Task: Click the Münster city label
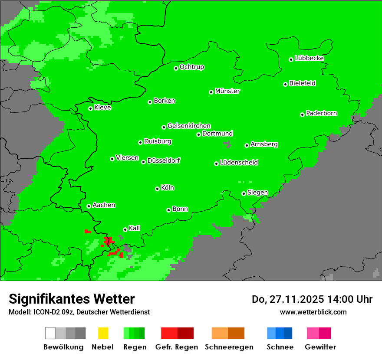pyautogui.click(x=227, y=91)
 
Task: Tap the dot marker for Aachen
pyautogui.click(x=89, y=206)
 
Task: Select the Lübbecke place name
pyautogui.click(x=309, y=58)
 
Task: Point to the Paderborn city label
pyautogui.click(x=321, y=113)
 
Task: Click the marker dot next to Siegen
pyautogui.click(x=244, y=193)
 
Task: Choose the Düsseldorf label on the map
pyautogui.click(x=164, y=160)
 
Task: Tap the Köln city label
pyautogui.click(x=168, y=188)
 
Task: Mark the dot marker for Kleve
pyautogui.click(x=90, y=108)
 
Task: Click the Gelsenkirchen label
pyautogui.click(x=189, y=126)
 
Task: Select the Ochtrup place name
pyautogui.click(x=191, y=67)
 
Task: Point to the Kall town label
pyautogui.click(x=135, y=228)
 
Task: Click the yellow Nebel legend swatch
pyautogui.click(x=103, y=333)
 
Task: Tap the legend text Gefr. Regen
pyautogui.click(x=176, y=347)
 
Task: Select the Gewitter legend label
pyautogui.click(x=320, y=347)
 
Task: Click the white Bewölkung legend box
pyautogui.click(x=50, y=333)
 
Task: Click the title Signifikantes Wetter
pyautogui.click(x=72, y=299)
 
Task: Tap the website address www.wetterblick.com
pyautogui.click(x=313, y=312)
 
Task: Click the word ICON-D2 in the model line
pyautogui.click(x=43, y=312)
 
